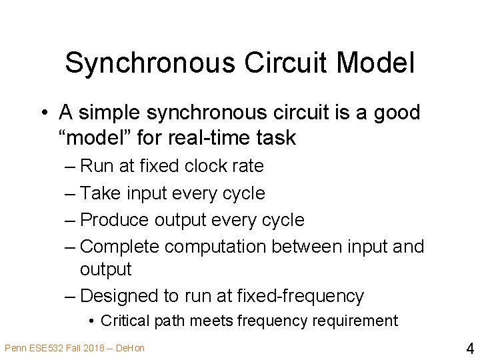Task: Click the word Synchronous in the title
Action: pos(151,63)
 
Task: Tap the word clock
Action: pos(201,166)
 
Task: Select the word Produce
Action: pos(114,219)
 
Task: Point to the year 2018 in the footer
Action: pos(90,348)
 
